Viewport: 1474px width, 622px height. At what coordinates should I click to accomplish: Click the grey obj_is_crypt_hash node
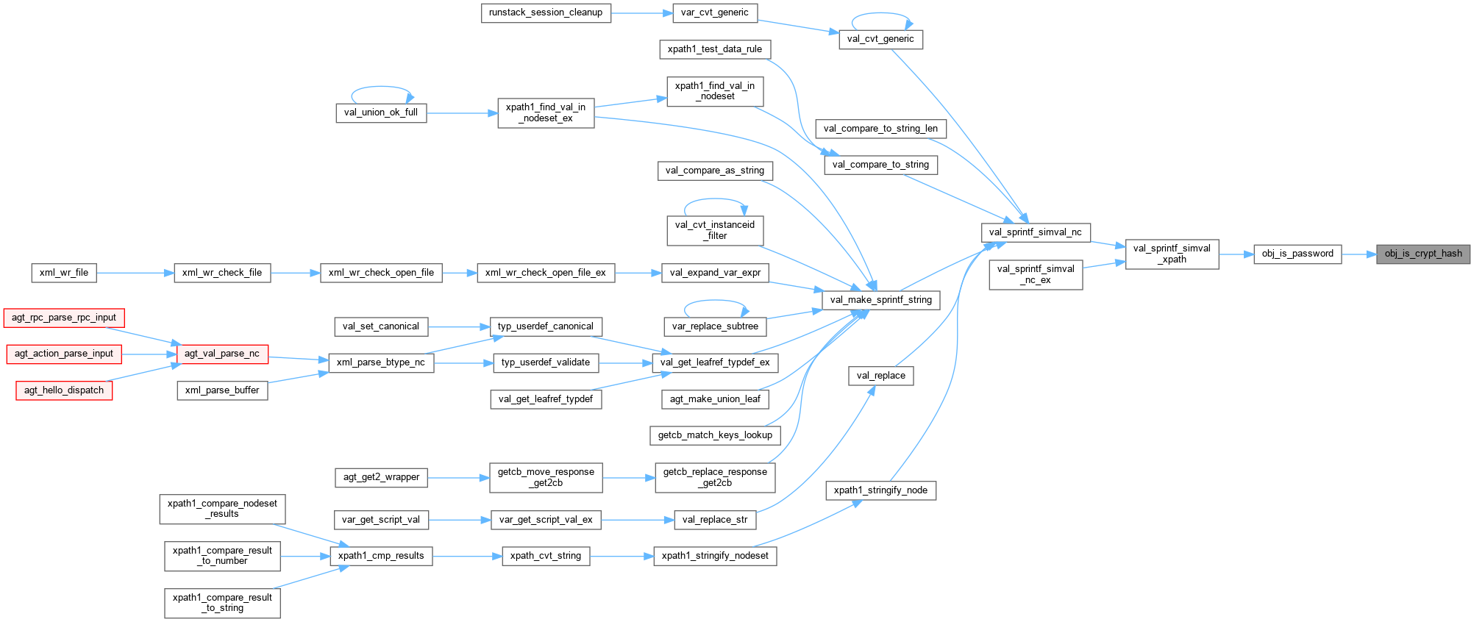(1423, 254)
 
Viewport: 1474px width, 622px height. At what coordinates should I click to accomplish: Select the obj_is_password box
(1297, 254)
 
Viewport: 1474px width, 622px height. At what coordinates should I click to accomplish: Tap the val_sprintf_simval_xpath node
(1172, 254)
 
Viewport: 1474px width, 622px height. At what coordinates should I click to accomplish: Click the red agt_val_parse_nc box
(221, 354)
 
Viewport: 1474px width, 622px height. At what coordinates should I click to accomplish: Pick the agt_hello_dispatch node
(64, 390)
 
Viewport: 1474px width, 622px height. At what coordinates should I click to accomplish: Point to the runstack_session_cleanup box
(546, 12)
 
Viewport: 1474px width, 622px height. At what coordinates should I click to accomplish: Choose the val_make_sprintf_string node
(880, 300)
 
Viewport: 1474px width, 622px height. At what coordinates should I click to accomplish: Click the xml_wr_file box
(64, 273)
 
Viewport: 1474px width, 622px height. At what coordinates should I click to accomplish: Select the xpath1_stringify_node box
(880, 490)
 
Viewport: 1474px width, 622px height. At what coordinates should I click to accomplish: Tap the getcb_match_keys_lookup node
(715, 435)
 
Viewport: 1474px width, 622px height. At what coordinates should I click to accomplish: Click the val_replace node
(880, 376)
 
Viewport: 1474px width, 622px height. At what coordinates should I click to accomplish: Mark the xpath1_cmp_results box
(380, 556)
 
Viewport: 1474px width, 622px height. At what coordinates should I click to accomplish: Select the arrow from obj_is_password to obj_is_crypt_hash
(1359, 254)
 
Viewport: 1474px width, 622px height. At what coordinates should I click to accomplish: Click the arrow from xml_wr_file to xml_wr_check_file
(135, 273)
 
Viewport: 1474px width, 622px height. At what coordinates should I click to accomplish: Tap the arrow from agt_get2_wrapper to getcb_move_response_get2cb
(458, 478)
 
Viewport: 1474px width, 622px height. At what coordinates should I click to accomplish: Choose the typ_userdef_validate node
(545, 362)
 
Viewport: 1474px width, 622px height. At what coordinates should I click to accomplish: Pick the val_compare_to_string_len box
(880, 129)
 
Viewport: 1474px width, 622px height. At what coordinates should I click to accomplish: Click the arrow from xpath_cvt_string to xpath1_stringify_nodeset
(622, 556)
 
